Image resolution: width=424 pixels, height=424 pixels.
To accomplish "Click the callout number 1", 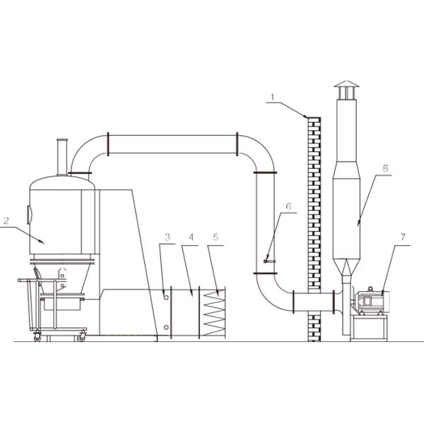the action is (273, 97).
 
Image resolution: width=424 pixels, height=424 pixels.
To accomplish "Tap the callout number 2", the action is (6, 221).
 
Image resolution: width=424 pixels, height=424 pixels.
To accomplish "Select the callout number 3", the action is (167, 237).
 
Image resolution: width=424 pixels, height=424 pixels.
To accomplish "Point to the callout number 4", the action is (191, 237).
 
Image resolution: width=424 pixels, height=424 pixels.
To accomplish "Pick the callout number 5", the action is (216, 237).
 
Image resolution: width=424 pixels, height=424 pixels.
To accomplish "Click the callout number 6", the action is (288, 206).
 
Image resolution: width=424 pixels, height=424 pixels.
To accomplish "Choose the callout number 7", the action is (403, 237).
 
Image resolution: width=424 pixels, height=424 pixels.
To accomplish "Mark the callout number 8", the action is (385, 168).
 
